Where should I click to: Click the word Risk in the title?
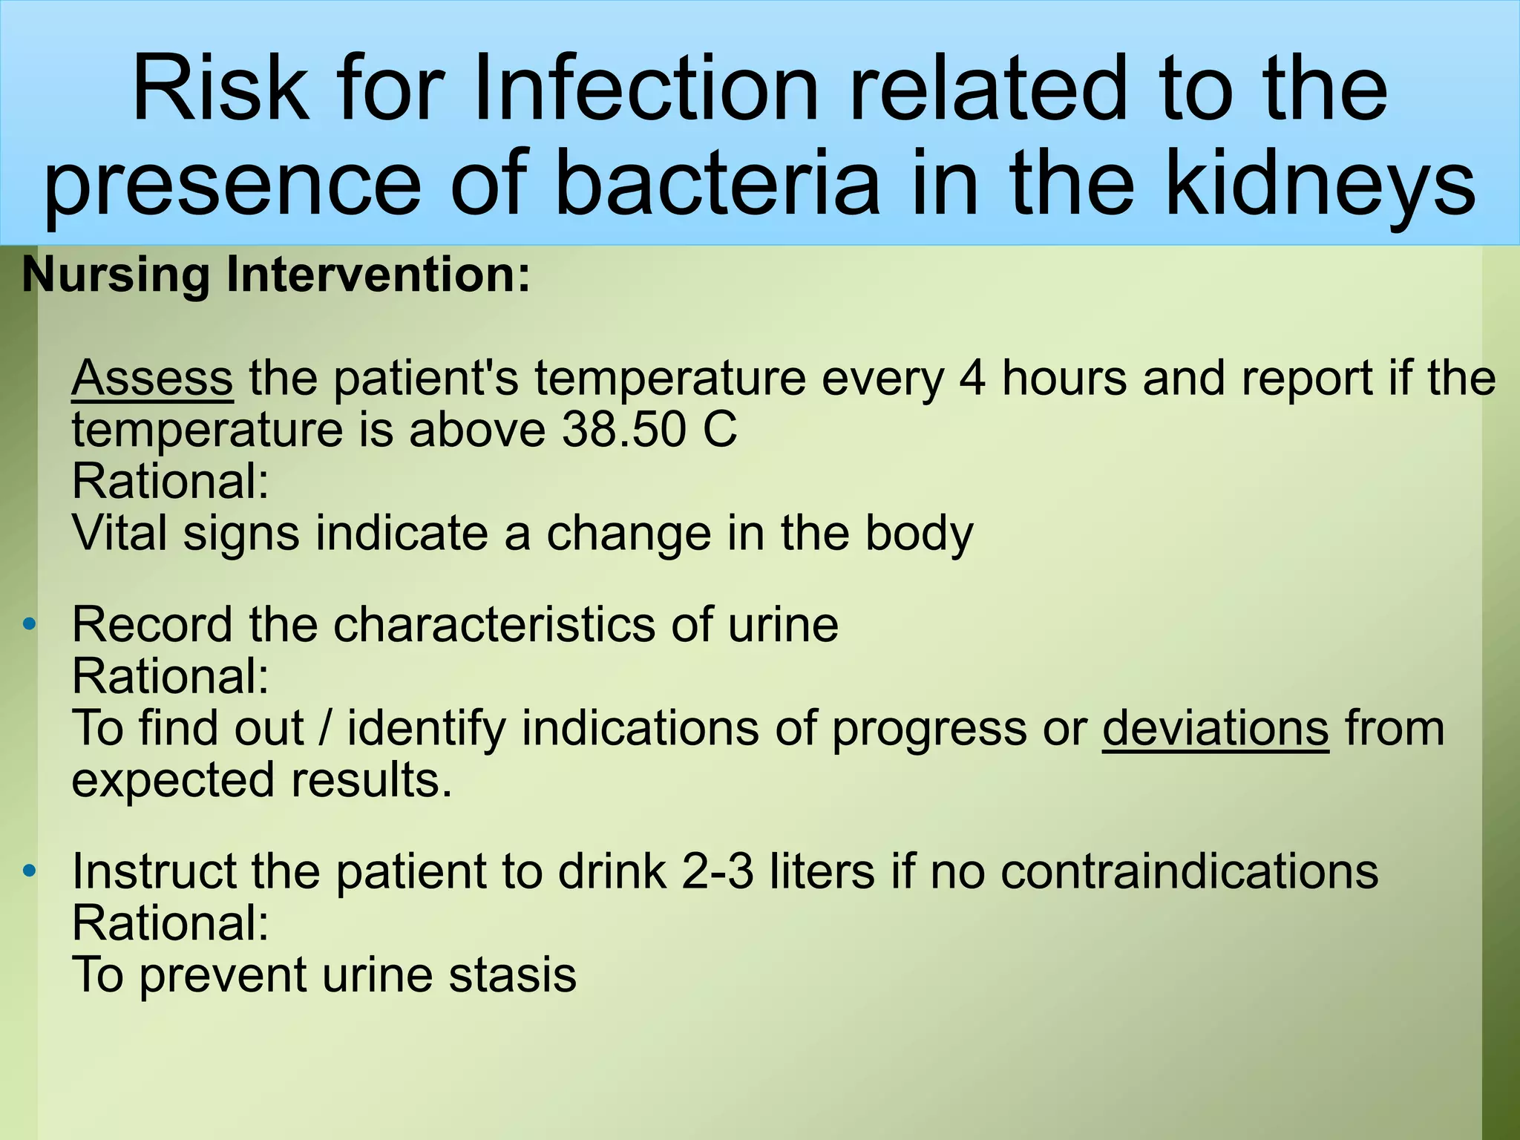220,89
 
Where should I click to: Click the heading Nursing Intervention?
276,275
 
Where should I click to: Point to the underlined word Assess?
152,378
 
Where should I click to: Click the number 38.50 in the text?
623,430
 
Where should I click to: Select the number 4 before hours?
973,378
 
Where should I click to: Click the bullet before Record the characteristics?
29,624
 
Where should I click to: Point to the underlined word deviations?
1215,728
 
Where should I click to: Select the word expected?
174,781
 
